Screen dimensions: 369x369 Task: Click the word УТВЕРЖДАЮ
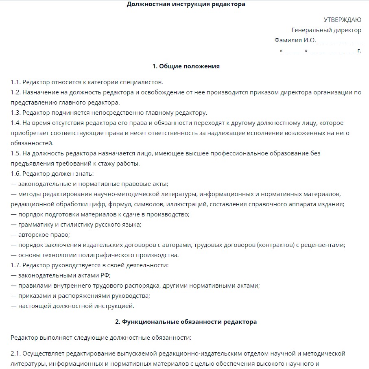click(342, 20)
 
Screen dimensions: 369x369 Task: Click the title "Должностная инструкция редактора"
click(186, 4)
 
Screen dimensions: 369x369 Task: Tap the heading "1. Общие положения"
click(186, 66)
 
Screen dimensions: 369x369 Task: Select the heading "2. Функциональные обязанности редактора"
click(186, 322)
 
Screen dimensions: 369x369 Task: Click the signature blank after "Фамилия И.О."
click(339, 41)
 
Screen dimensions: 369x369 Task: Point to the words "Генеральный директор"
click(326, 30)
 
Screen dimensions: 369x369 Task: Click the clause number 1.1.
click(15, 82)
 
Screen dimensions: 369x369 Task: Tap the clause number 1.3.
click(15, 112)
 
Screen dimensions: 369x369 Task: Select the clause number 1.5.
click(15, 153)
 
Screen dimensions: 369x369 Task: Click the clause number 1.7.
click(15, 266)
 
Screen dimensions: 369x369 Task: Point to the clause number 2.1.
click(15, 354)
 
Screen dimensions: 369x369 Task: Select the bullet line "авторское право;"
click(44, 235)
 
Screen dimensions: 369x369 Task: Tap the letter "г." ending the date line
click(359, 51)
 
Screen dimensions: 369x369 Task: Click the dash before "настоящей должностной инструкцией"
click(13, 306)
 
